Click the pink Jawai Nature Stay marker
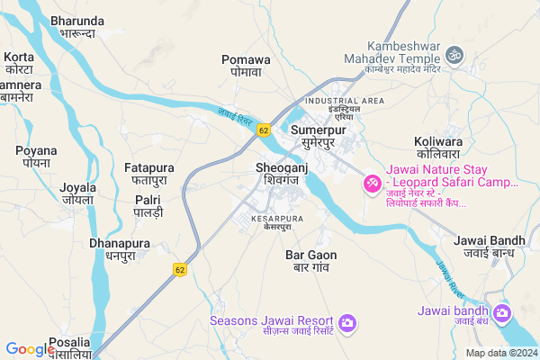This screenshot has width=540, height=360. [371, 184]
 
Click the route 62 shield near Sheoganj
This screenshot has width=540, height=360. [263, 130]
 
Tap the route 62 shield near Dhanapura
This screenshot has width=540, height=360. [180, 268]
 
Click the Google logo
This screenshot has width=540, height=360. [30, 350]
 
